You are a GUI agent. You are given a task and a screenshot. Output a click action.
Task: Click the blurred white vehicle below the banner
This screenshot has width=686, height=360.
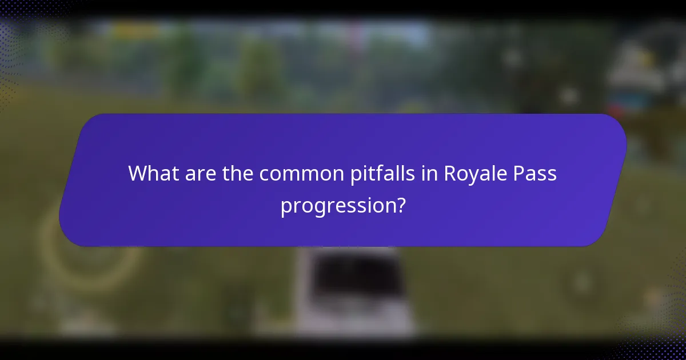(354, 291)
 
